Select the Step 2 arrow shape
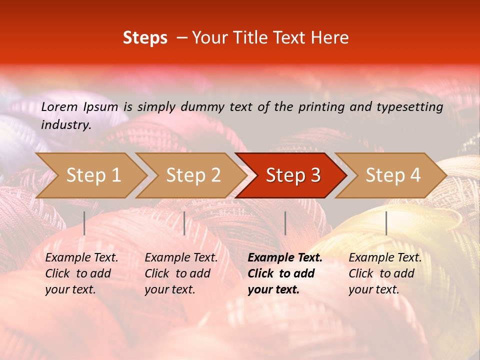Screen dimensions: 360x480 point(193,175)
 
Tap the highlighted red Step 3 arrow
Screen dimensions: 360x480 point(293,175)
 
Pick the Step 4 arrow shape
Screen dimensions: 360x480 point(393,175)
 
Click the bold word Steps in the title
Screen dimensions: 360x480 point(145,38)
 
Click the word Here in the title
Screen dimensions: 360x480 point(329,38)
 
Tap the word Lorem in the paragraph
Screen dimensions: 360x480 point(59,106)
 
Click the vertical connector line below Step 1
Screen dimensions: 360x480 point(84,223)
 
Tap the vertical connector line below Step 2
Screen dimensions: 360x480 point(184,223)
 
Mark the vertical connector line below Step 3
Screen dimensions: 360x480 point(285,223)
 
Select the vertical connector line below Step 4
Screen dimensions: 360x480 point(386,223)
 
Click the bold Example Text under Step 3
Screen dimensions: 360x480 point(285,258)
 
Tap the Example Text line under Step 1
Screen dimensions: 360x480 point(81,258)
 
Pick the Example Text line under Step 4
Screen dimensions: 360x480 point(385,258)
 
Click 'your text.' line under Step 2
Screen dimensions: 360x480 point(170,289)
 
